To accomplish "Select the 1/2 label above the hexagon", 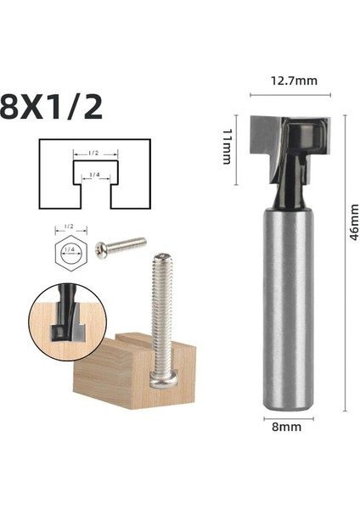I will tap(69, 227).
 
